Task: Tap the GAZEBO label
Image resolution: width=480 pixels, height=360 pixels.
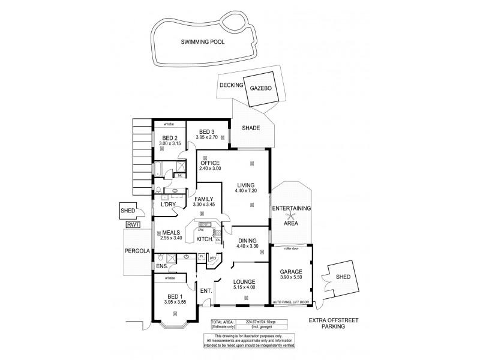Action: pyautogui.click(x=261, y=88)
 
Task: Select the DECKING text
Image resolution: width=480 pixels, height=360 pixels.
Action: pyautogui.click(x=231, y=86)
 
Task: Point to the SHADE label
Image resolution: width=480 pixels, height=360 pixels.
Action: pyautogui.click(x=251, y=128)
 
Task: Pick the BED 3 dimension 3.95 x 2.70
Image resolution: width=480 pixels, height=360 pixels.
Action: pyautogui.click(x=206, y=137)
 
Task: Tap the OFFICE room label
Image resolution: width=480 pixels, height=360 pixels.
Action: pyautogui.click(x=210, y=163)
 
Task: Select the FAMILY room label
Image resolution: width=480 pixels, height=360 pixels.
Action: pyautogui.click(x=203, y=199)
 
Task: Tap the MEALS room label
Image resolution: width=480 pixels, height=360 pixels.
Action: pyautogui.click(x=170, y=233)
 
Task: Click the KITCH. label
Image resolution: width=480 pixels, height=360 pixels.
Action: pyautogui.click(x=205, y=239)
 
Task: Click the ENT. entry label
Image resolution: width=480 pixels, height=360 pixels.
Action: pyautogui.click(x=205, y=291)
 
